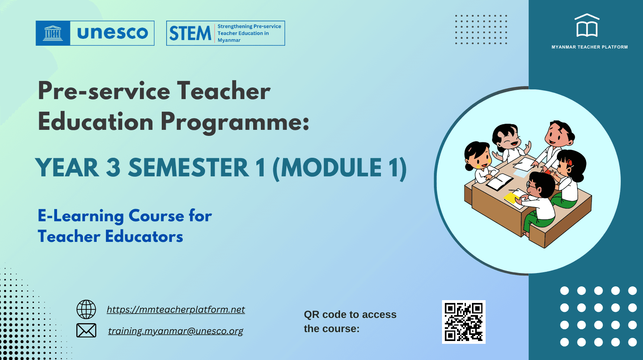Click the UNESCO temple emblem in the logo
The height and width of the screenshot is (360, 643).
53,33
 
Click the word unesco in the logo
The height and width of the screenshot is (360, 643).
112,33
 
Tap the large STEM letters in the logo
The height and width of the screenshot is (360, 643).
190,34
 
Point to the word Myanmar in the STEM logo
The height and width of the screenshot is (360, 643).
229,40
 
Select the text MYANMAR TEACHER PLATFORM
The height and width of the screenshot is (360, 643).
589,47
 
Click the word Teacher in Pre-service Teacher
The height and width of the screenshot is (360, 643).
224,91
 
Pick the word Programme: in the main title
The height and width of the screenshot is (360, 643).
235,122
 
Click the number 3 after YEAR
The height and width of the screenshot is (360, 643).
114,168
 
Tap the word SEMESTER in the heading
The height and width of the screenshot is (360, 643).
188,168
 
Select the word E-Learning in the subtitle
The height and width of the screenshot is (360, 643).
80,216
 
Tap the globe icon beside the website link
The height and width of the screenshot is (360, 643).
86,309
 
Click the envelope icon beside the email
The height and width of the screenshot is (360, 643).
86,330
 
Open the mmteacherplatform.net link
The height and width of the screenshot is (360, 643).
176,309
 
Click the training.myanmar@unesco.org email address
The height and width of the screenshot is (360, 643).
176,331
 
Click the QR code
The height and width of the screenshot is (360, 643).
463,322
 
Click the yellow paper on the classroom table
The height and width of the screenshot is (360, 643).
511,198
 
